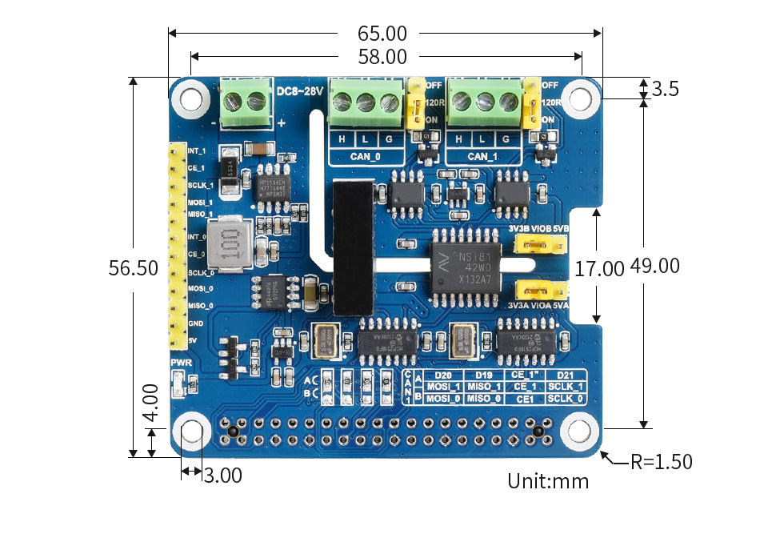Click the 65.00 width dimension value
pyautogui.click(x=382, y=34)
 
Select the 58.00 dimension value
pyautogui.click(x=382, y=57)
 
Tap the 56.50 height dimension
pyautogui.click(x=134, y=269)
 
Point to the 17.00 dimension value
pyautogui.click(x=599, y=268)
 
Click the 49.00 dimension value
pyautogui.click(x=654, y=266)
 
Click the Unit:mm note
pyautogui.click(x=548, y=481)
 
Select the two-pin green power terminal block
pyautogui.click(x=246, y=102)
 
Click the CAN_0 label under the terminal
pyautogui.click(x=366, y=156)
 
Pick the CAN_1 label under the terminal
pyautogui.click(x=482, y=156)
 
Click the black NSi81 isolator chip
pyautogui.click(x=466, y=265)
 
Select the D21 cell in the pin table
pyautogui.click(x=565, y=375)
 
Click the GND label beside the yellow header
pyautogui.click(x=196, y=323)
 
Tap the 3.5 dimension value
pyautogui.click(x=666, y=89)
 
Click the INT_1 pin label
pyautogui.click(x=197, y=151)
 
